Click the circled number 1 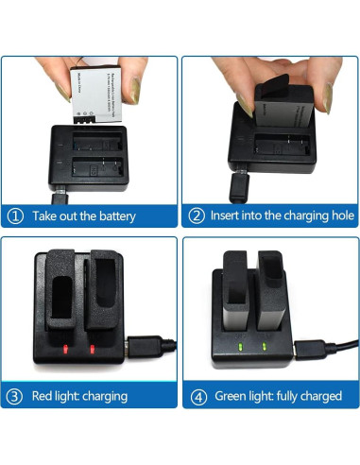coord(15,216)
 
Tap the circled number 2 coord(196,216)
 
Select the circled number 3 coord(15,395)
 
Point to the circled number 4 coord(196,395)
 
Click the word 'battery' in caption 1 coord(114,216)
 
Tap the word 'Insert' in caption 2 coord(226,216)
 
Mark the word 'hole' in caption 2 coord(333,216)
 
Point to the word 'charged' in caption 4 coord(318,395)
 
